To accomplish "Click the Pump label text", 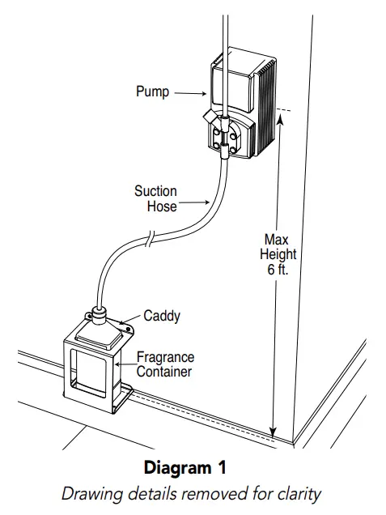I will [151, 92].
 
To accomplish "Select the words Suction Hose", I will [156, 198].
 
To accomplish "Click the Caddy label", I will [161, 316].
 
